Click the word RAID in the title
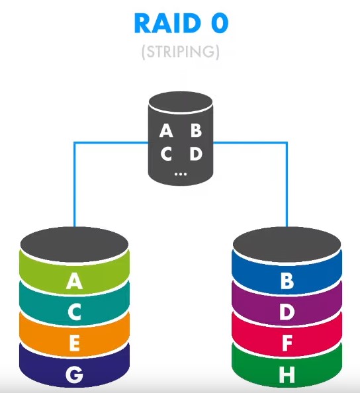click(x=167, y=23)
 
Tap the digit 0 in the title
click(x=220, y=23)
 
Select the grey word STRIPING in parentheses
click(x=181, y=52)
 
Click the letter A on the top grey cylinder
click(x=166, y=130)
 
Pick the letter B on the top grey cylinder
click(x=196, y=130)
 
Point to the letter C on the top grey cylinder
click(x=167, y=153)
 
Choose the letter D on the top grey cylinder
click(x=196, y=153)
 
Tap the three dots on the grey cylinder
click(x=181, y=174)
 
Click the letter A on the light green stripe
click(x=74, y=281)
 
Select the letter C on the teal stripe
click(x=74, y=312)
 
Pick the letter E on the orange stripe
click(x=75, y=343)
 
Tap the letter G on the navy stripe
click(x=75, y=375)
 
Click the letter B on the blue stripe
click(x=287, y=281)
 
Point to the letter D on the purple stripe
click(x=287, y=312)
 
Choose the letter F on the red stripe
click(x=287, y=343)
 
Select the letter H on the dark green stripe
click(x=287, y=375)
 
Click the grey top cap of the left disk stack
click(x=74, y=244)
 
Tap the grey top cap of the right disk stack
click(x=287, y=244)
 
